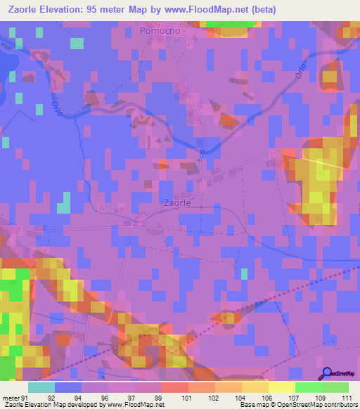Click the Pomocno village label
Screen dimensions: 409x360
coord(161,31)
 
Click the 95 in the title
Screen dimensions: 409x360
coord(96,10)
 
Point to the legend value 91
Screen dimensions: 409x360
coord(26,397)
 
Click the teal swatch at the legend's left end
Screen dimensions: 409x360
coord(41,387)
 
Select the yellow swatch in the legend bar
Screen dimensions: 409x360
coord(282,387)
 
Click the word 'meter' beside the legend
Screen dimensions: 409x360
coord(11,397)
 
